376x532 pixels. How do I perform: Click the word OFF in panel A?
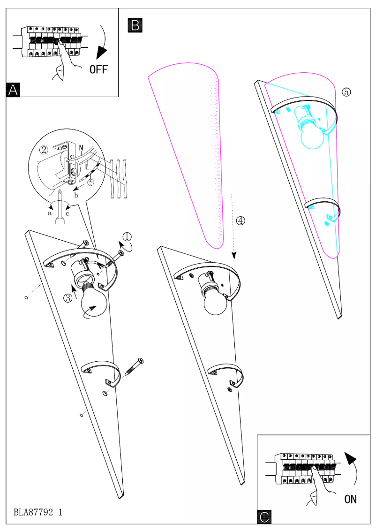(x=98, y=69)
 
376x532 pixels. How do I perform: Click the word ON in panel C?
(x=350, y=499)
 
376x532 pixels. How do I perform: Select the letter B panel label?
(x=135, y=25)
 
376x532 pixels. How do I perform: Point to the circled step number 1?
(x=127, y=236)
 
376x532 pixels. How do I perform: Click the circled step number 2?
(x=44, y=150)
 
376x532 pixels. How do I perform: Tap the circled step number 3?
(x=68, y=297)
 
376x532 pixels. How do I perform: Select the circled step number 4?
(x=240, y=221)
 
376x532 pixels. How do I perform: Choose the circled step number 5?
(x=346, y=92)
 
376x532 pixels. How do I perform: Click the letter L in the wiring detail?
(x=88, y=167)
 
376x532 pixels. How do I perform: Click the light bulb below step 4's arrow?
(x=215, y=303)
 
